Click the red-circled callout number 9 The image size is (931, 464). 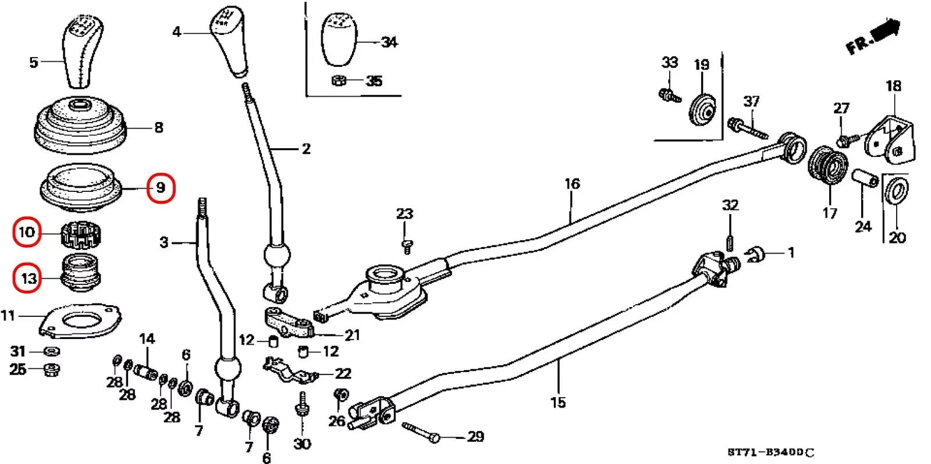(x=161, y=188)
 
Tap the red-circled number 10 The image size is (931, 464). (x=27, y=233)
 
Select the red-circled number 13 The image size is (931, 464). (x=28, y=279)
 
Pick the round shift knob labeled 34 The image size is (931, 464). (x=339, y=41)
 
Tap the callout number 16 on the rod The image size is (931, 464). (x=572, y=184)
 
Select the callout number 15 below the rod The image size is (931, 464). (x=557, y=402)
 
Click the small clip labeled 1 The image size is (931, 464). (x=754, y=254)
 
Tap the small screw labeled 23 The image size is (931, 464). (x=407, y=246)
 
